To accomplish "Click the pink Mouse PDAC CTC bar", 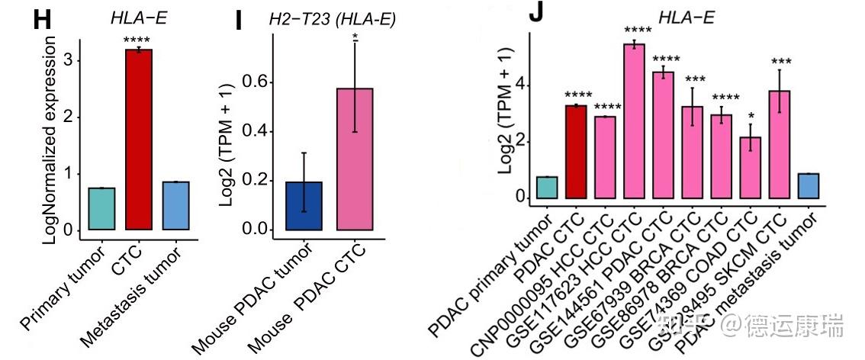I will coord(355,159).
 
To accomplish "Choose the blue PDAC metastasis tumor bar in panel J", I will coord(808,186).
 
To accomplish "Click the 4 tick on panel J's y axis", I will coord(521,85).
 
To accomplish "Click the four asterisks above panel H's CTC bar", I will coord(139,39).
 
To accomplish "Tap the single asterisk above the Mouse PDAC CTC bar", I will coord(355,36).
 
